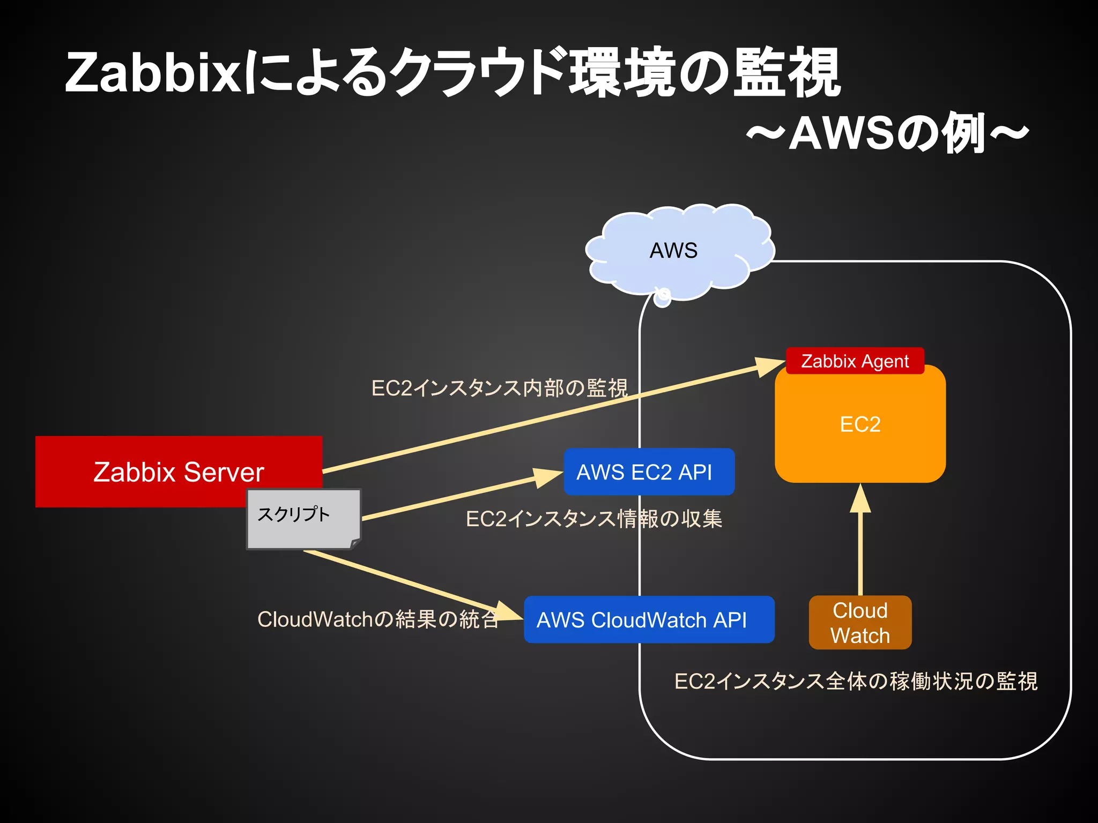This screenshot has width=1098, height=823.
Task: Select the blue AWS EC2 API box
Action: tap(649, 472)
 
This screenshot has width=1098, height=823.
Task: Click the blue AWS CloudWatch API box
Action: tap(649, 620)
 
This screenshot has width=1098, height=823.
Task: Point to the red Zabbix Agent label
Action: tap(855, 361)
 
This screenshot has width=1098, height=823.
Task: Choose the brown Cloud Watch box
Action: tap(860, 623)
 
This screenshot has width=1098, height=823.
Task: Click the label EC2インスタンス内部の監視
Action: tap(499, 388)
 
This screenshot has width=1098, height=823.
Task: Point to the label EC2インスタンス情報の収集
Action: tap(594, 519)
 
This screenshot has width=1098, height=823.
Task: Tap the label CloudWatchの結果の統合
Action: tap(378, 619)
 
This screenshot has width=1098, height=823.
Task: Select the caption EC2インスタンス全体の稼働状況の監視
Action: tap(856, 682)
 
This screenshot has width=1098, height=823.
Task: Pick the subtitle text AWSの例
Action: tap(887, 134)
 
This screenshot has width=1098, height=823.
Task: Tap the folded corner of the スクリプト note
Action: tap(355, 544)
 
